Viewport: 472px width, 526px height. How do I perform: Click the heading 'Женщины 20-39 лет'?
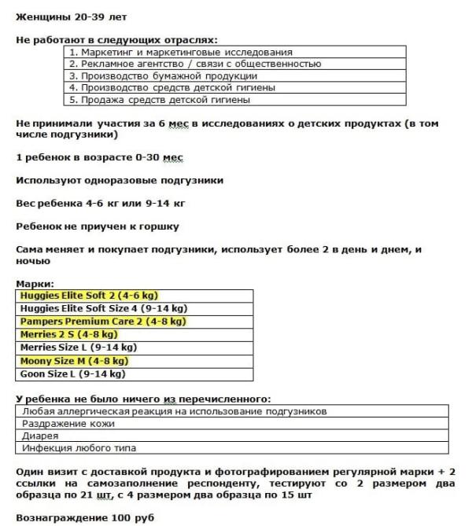tap(70, 17)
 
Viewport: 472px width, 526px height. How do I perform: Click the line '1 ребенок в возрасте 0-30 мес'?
tap(99, 157)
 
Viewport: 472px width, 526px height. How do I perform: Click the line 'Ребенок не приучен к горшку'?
tap(98, 226)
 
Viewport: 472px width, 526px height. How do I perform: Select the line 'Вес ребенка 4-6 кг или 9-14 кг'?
tap(101, 204)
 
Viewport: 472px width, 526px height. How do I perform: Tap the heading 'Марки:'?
tap(35, 283)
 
